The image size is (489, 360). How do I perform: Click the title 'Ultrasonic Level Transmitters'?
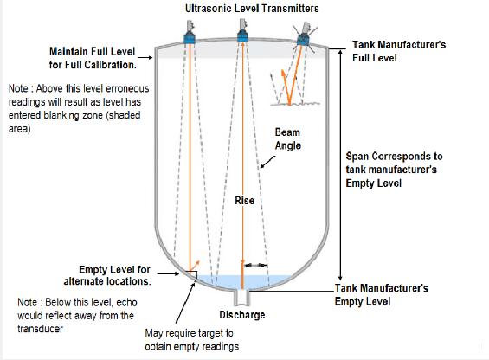click(252, 9)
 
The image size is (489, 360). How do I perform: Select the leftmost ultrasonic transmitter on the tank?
click(189, 32)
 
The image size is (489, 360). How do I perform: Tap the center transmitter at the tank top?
click(242, 30)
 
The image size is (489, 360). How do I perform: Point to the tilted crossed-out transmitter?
click(304, 35)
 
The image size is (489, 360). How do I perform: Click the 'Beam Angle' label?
click(288, 138)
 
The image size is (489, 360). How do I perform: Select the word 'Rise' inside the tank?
click(244, 201)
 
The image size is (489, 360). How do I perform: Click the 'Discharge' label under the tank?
click(242, 315)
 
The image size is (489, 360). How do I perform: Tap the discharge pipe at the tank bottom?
click(242, 298)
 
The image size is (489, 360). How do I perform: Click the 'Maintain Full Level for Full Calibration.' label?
click(93, 58)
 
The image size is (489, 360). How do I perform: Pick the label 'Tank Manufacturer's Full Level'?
click(399, 51)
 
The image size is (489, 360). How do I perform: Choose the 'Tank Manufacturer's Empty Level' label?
click(381, 294)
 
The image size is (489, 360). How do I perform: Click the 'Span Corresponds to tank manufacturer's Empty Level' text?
click(394, 170)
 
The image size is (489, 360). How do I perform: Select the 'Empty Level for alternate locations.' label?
click(107, 275)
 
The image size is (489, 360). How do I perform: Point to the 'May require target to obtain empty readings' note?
click(192, 340)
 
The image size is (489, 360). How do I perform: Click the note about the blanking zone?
click(79, 108)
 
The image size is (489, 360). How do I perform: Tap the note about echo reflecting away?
click(77, 315)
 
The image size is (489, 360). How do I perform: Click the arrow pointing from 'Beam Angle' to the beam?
click(267, 162)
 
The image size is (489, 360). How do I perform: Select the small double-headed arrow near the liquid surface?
click(255, 266)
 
